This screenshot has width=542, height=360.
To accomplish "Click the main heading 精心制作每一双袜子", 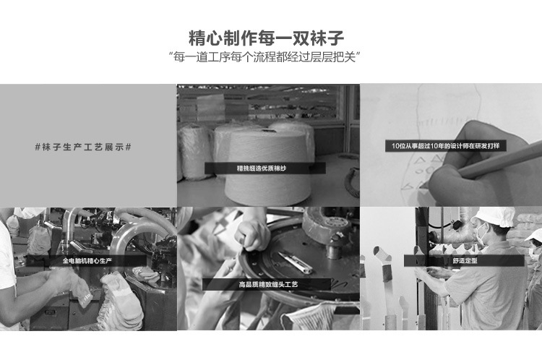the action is click(266, 38).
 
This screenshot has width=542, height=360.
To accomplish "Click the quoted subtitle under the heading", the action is click(264, 56).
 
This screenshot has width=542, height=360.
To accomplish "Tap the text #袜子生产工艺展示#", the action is click(83, 147).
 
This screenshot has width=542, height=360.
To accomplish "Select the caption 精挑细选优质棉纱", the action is click(262, 168).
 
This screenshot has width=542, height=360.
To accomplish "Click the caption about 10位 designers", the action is click(446, 146).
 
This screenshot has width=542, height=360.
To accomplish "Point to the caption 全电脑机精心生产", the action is click(87, 261).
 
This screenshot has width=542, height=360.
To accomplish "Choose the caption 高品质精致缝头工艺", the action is click(268, 285).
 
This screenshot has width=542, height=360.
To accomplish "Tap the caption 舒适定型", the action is click(465, 261).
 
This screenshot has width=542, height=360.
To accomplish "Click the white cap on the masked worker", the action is click(493, 216).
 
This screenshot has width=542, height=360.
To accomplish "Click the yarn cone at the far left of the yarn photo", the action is click(189, 152).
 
